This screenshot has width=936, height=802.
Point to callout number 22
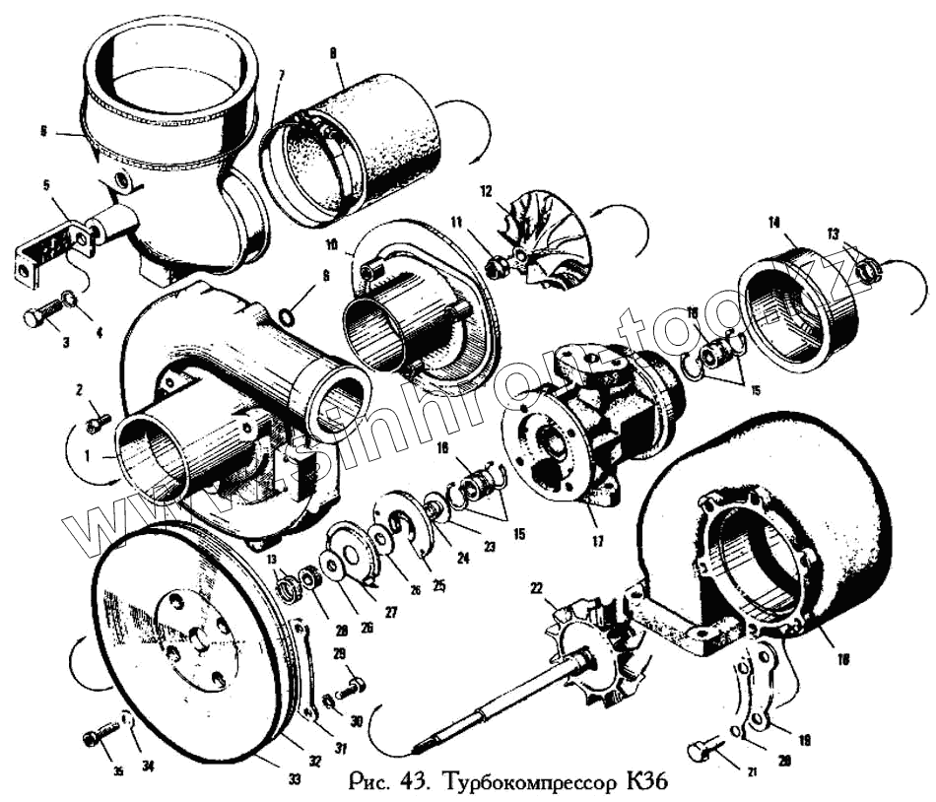[x=536, y=588]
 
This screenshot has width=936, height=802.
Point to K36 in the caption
[x=645, y=785]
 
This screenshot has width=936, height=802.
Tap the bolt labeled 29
[x=351, y=684]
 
